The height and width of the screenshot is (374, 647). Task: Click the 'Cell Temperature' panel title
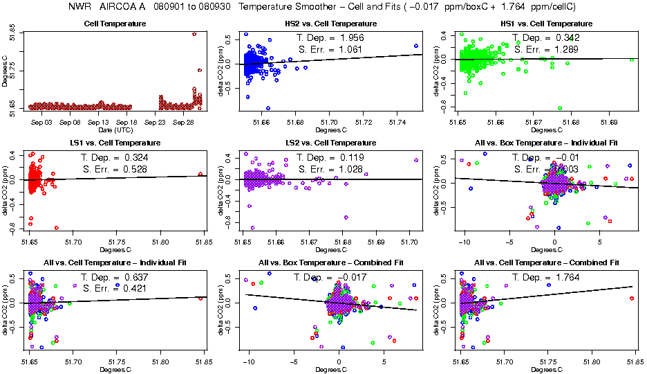pos(114,24)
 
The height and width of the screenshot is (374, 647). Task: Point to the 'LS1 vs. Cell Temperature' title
pos(114,142)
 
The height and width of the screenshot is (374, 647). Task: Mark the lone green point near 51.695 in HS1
pos(632,60)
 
